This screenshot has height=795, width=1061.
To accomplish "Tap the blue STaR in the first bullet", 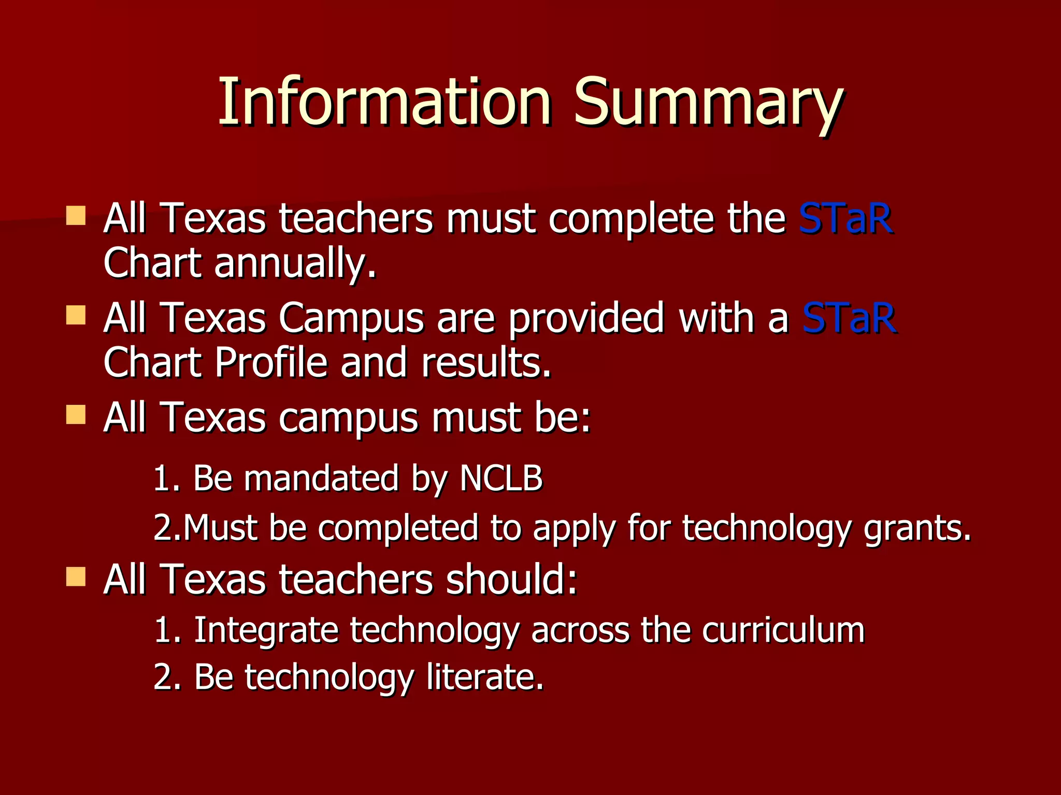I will click(845, 218).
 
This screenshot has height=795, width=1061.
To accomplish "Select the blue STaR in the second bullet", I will click(849, 318).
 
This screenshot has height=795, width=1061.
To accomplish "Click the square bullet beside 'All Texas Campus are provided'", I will click(76, 315).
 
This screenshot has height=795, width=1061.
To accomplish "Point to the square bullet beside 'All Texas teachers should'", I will click(76, 576).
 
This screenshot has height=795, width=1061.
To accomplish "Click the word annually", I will click(295, 263).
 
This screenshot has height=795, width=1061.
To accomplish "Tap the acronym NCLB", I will click(501, 478).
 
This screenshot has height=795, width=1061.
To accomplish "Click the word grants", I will click(917, 528).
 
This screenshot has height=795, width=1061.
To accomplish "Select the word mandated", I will click(321, 478).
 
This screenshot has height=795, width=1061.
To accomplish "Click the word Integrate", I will click(266, 630).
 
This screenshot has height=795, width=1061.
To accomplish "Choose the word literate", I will click(485, 676).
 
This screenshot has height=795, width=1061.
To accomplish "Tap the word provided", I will click(586, 318).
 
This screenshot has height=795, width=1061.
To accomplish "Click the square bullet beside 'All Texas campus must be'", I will click(76, 415).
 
